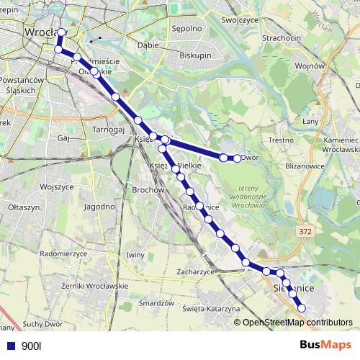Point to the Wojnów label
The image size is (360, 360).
(310, 66)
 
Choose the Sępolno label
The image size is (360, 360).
(186, 30)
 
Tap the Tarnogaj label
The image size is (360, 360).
(109, 130)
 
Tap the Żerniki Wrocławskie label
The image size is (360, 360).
(95, 286)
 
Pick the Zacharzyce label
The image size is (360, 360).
(197, 272)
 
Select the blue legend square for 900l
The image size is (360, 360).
(11, 346)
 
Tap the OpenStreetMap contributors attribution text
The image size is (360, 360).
(297, 323)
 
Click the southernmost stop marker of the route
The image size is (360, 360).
(302, 308)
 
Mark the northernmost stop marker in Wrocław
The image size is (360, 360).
(62, 32)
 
